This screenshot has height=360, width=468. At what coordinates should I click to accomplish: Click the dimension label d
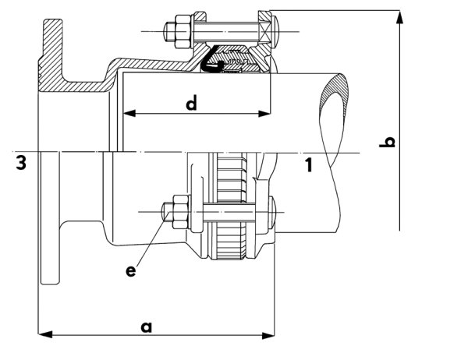(191, 103)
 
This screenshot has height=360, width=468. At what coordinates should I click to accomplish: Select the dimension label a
(147, 327)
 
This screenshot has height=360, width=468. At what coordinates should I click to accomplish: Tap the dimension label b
(387, 142)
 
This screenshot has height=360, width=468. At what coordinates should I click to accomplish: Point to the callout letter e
(131, 271)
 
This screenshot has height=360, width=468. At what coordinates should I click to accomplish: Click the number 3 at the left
(21, 163)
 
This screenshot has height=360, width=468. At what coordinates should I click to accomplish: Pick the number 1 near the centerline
(309, 165)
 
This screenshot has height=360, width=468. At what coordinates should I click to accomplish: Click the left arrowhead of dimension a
(45, 334)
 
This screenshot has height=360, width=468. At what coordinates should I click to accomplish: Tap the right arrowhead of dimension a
(268, 335)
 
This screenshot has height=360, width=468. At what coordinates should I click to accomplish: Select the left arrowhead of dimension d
(129, 113)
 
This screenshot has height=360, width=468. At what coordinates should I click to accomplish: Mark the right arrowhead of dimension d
(264, 113)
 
